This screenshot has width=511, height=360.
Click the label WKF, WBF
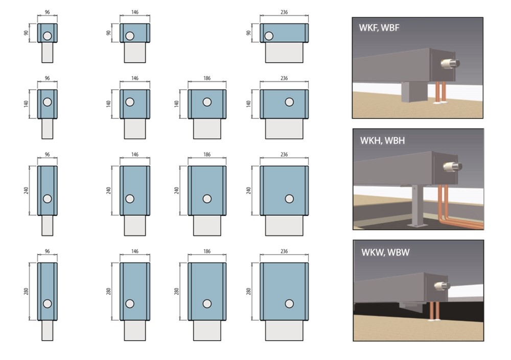pyautogui.click(x=379, y=28)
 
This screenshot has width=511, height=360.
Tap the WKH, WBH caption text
pyautogui.click(x=382, y=141)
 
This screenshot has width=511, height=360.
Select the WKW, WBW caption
pyautogui.click(x=385, y=252)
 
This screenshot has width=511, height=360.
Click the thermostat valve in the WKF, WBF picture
pyautogui.click(x=450, y=63)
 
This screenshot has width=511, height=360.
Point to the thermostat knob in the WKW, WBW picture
pyautogui.click(x=442, y=286)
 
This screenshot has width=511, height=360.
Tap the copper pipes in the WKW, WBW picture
pyautogui.click(x=433, y=311)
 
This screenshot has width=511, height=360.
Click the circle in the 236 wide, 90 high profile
pyautogui.click(x=269, y=36)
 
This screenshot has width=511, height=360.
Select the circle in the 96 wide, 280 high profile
pyautogui.click(x=47, y=304)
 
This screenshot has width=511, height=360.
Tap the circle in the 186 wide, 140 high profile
pyautogui.click(x=207, y=102)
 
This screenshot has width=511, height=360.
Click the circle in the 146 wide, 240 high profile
pyautogui.click(x=130, y=199)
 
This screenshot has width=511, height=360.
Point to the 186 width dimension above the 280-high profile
pyautogui.click(x=207, y=252)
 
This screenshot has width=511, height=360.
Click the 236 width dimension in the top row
pyautogui.click(x=284, y=12)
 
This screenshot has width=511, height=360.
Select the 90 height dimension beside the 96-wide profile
pyautogui.click(x=27, y=33)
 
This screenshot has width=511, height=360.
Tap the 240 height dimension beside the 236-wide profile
pyautogui.click(x=249, y=190)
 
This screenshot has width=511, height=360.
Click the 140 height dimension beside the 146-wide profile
pyautogui.click(x=108, y=104)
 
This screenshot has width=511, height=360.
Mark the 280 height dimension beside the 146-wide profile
pyautogui.click(x=108, y=291)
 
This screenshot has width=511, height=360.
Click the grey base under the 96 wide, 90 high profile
pyautogui.click(x=47, y=53)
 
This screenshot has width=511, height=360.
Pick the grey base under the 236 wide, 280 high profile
pyautogui.click(x=284, y=330)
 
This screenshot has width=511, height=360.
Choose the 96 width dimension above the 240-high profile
pyautogui.click(x=47, y=154)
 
